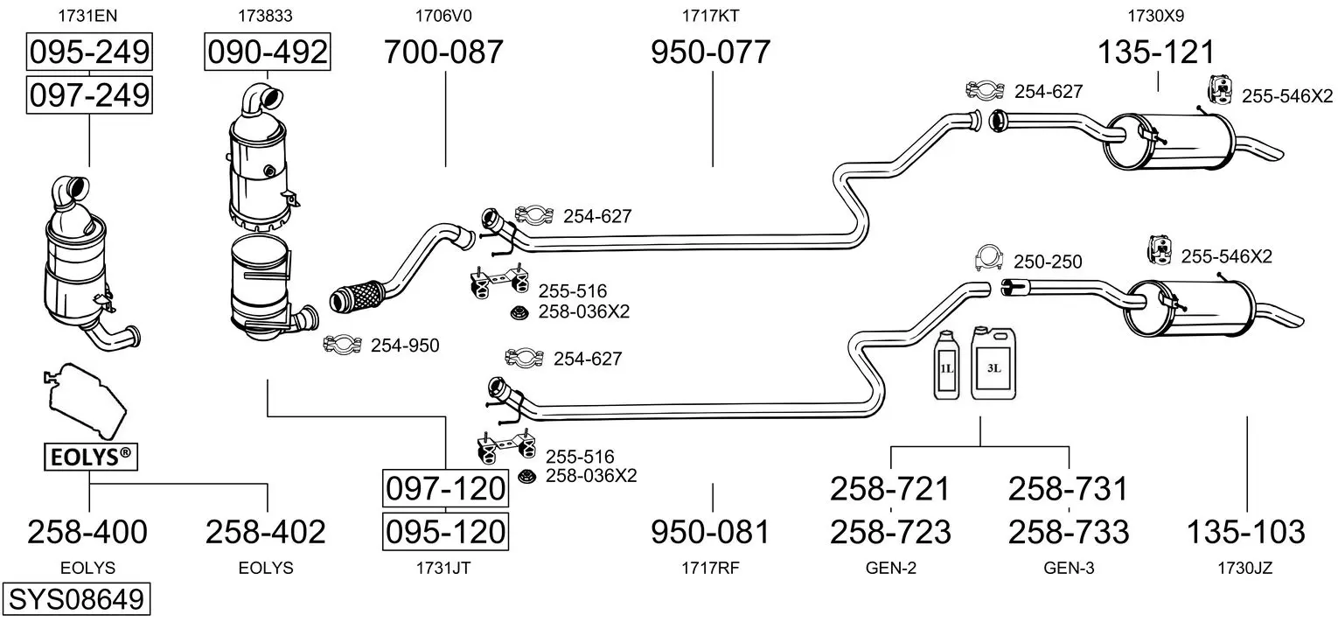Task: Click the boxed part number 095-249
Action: point(89,52)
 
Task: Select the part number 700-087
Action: point(443,52)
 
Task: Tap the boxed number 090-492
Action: point(267,52)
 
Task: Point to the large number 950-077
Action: point(711,52)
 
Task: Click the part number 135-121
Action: point(1156,52)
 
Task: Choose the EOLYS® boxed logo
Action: point(91,457)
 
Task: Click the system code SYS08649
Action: point(76,598)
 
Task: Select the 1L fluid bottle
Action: point(946,366)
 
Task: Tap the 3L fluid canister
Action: point(993,363)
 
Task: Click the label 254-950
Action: point(405,346)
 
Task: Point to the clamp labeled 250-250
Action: point(988,259)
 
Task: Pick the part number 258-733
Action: point(1069,532)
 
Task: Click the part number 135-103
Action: point(1246,532)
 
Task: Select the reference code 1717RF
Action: point(710,568)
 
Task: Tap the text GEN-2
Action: point(890,568)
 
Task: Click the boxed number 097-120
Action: point(446,488)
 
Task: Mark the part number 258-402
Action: point(266,532)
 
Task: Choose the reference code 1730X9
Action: point(1156,16)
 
